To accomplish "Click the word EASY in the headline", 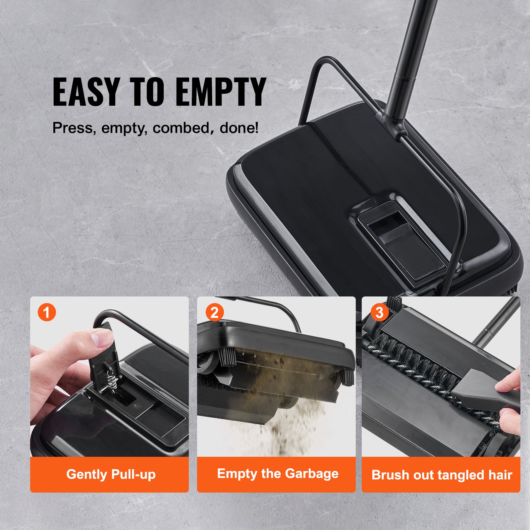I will (x=86, y=92).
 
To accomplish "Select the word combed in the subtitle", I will (x=181, y=128).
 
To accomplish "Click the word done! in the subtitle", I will (x=239, y=128).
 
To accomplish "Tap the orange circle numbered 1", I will (x=47, y=313).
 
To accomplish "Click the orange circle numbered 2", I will (x=214, y=313).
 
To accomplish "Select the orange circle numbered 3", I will (x=379, y=312).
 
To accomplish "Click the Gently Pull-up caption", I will (x=111, y=474).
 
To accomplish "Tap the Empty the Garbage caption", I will (x=278, y=474).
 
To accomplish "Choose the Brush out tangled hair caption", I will (x=442, y=475).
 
